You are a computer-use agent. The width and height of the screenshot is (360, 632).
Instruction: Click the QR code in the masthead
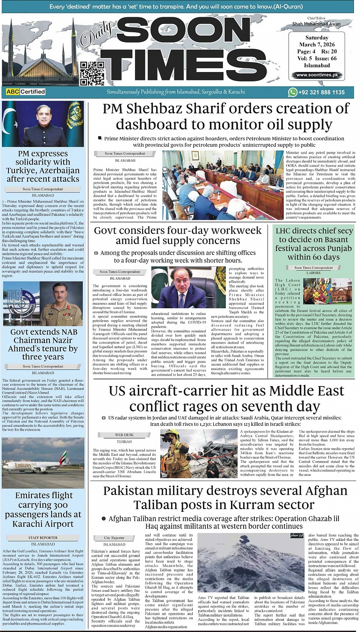pos(92,72)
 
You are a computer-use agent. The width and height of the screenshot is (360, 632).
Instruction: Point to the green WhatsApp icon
pos(293,93)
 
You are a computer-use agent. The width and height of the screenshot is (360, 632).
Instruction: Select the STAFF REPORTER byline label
pos(43,538)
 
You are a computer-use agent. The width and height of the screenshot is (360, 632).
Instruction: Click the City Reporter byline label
pos(115,538)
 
